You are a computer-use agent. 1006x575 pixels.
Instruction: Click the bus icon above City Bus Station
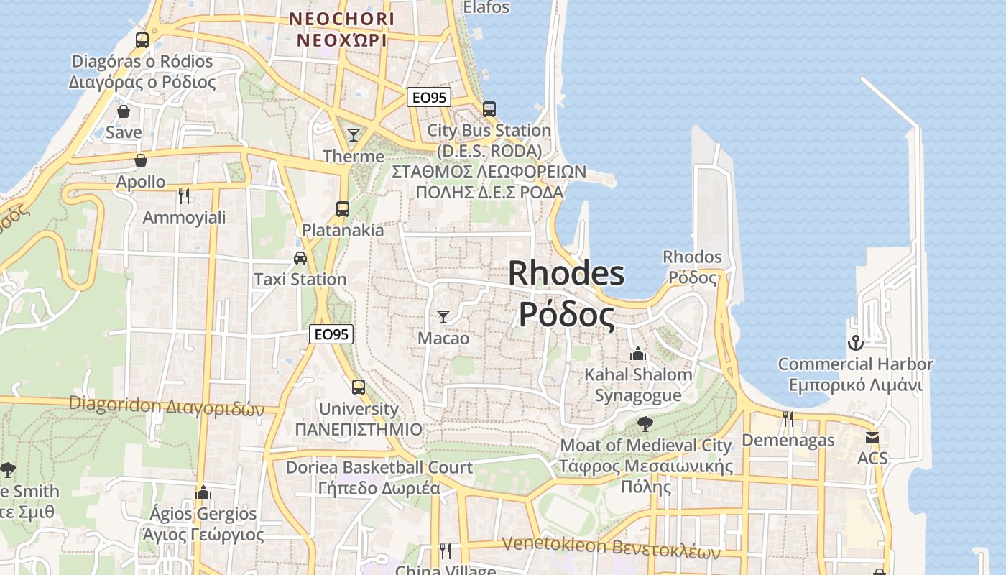point(489,109)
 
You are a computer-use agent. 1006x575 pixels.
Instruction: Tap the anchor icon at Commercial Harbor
point(855,343)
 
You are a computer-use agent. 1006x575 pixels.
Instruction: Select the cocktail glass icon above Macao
point(443,316)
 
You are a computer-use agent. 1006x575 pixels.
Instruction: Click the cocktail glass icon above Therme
point(353,135)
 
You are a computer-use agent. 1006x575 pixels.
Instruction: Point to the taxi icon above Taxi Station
point(300,258)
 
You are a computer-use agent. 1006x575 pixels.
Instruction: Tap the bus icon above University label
point(359,387)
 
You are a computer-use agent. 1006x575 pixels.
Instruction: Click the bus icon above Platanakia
point(343,209)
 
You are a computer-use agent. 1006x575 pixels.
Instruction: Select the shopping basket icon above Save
point(124,111)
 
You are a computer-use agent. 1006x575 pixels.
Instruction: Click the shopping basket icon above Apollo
point(141,160)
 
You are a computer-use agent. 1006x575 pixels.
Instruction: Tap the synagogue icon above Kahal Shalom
point(637,354)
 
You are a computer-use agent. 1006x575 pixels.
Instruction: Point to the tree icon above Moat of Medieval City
point(645,424)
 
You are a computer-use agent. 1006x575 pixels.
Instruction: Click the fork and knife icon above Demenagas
point(788,418)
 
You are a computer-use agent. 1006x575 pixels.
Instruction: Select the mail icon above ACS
point(872,437)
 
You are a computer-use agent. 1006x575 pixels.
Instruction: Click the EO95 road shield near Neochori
point(429,98)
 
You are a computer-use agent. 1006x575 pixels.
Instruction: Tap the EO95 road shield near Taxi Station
point(331,334)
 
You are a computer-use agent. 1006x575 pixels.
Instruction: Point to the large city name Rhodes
point(566,274)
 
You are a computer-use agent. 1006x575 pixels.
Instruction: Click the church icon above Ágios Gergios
point(203,492)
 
